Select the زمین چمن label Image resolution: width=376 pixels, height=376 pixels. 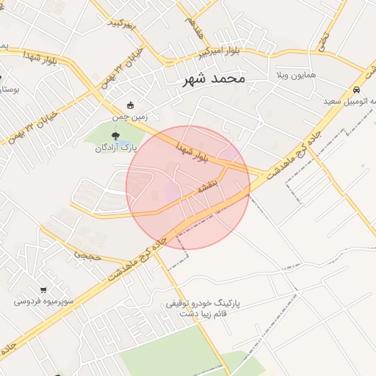pos(130,117)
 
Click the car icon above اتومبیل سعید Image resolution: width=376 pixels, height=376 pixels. pos(355,89)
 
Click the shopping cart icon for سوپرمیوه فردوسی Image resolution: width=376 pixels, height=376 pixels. pos(46,289)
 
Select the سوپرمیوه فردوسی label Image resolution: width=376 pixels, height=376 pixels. pos(46,301)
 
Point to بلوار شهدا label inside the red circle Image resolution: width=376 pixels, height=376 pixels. pos(193,152)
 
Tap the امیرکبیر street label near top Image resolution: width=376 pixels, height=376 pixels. pos(123,24)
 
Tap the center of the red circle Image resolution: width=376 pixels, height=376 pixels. pos(188,187)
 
